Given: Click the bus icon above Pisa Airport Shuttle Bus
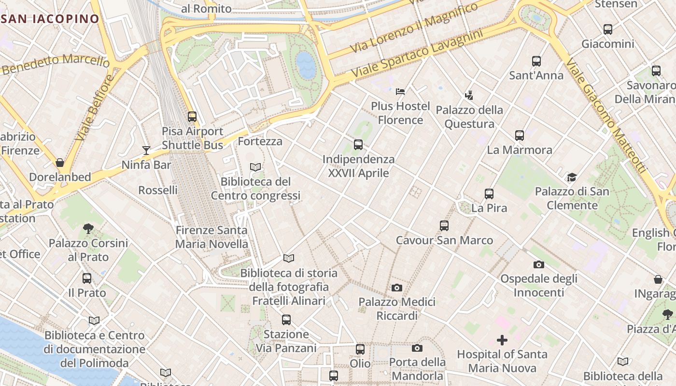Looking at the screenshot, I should pyautogui.click(x=192, y=117).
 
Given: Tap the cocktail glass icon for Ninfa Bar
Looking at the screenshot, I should pyautogui.click(x=146, y=151).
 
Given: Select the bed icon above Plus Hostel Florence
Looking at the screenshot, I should pyautogui.click(x=400, y=91).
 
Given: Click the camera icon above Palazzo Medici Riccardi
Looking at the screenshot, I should pyautogui.click(x=397, y=288).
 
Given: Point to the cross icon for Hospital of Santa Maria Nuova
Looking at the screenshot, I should pyautogui.click(x=502, y=340).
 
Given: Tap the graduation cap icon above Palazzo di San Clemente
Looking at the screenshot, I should pyautogui.click(x=572, y=177).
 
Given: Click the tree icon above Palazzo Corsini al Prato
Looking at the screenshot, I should pyautogui.click(x=88, y=229).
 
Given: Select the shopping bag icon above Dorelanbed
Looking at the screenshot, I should pyautogui.click(x=60, y=163).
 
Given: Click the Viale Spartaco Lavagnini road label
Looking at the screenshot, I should pyautogui.click(x=417, y=55).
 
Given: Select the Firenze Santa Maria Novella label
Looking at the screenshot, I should pyautogui.click(x=211, y=237).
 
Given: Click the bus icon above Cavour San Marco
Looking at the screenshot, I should pyautogui.click(x=444, y=226).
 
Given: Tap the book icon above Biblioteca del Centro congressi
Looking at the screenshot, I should pyautogui.click(x=255, y=167).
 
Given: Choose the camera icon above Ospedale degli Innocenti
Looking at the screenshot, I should pyautogui.click(x=539, y=264).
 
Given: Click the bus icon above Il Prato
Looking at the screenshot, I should pyautogui.click(x=87, y=278).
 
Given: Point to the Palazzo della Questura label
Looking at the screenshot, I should pyautogui.click(x=469, y=117).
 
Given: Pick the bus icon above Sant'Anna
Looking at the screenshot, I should pyautogui.click(x=536, y=61).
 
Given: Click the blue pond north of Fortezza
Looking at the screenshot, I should pyautogui.click(x=306, y=65).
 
